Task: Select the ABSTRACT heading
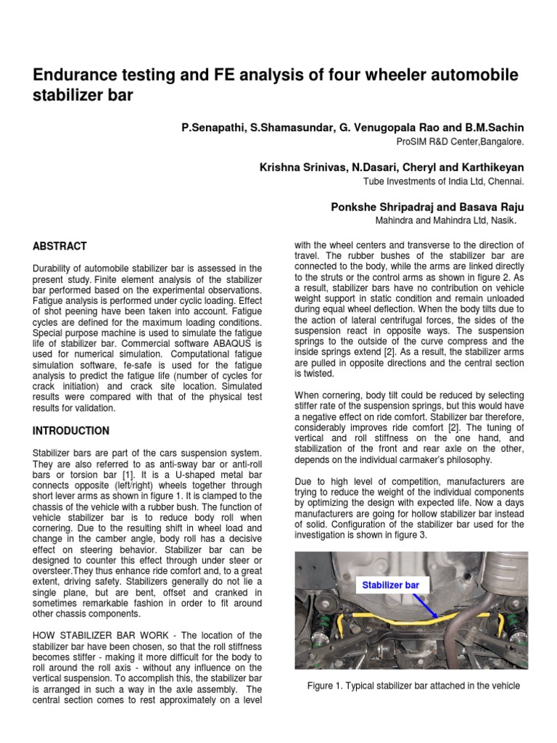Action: click(59, 246)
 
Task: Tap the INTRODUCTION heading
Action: click(71, 431)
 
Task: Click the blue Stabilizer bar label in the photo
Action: click(392, 585)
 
